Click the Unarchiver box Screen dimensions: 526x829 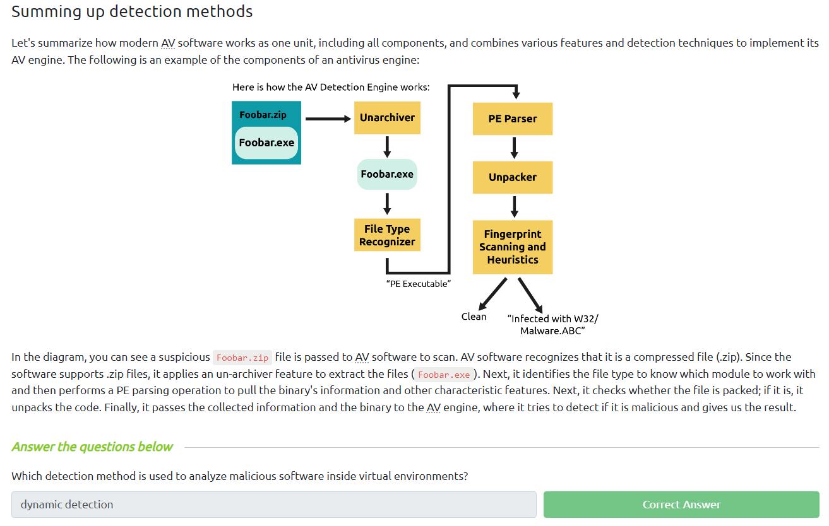click(387, 118)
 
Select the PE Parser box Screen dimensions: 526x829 click(512, 119)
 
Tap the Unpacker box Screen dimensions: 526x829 click(512, 177)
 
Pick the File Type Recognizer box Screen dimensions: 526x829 click(387, 235)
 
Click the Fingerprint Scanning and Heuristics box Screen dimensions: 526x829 click(512, 247)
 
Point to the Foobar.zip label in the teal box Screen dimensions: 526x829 click(263, 115)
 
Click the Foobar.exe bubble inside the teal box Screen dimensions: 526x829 click(266, 143)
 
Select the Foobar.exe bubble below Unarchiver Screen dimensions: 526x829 click(387, 174)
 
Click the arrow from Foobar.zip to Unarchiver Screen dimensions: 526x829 click(327, 118)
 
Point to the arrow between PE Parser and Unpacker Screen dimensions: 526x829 click(514, 148)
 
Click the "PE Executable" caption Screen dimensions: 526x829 click(418, 284)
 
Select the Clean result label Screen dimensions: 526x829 click(474, 317)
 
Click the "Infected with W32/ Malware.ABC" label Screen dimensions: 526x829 click(552, 324)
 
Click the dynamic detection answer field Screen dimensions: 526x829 click(273, 505)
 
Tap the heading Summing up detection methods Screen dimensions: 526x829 click(132, 11)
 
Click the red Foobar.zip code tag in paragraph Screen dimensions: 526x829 click(242, 358)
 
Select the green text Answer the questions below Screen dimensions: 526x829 click(92, 447)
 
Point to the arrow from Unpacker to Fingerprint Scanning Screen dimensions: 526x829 click(514, 206)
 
